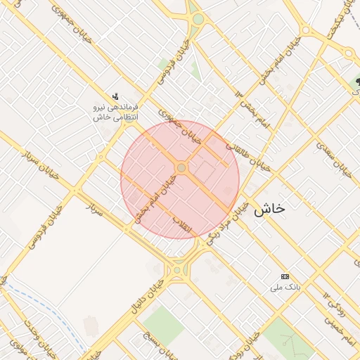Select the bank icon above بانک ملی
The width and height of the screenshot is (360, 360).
tap(284, 276)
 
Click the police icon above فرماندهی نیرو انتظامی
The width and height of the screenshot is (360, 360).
tap(116, 96)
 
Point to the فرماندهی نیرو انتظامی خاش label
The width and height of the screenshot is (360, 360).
tap(116, 112)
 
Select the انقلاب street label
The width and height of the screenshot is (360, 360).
tap(186, 227)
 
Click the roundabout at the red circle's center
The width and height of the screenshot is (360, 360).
tap(181, 168)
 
